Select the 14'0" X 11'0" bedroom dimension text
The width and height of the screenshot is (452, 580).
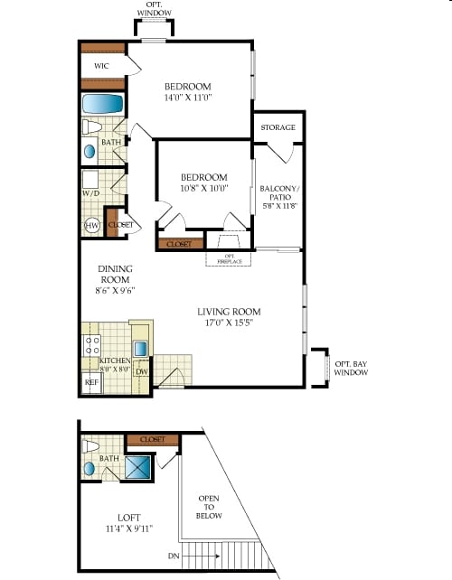pos(188,97)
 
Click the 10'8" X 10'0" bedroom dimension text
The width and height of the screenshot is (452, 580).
pos(203,188)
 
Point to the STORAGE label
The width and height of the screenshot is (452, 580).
pos(278,128)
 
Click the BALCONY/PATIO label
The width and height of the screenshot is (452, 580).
pos(278,197)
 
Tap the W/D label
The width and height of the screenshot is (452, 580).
pos(90,192)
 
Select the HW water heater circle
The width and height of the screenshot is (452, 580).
pos(91,225)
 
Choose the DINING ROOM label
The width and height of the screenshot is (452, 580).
pos(116,279)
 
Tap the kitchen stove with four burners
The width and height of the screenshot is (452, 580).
pos(91,343)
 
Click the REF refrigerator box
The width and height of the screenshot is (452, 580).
pos(90,382)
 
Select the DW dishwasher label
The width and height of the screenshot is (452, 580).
pos(142,371)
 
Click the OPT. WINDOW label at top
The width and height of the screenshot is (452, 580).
pos(153,9)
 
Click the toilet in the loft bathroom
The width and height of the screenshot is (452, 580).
pos(90,446)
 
